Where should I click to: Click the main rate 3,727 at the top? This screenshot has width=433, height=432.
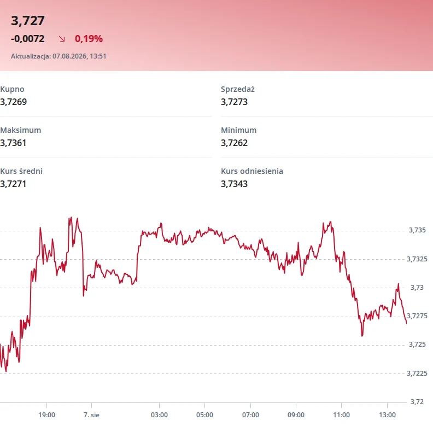click(x=28, y=21)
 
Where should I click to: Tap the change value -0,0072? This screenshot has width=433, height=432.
click(x=28, y=39)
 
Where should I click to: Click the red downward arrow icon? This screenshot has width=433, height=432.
click(x=62, y=39)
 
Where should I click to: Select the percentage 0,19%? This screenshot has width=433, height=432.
click(x=89, y=39)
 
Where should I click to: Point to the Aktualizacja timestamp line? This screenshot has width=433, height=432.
click(x=58, y=56)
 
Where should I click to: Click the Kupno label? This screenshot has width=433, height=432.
click(x=12, y=89)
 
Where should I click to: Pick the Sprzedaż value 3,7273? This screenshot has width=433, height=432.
click(x=234, y=102)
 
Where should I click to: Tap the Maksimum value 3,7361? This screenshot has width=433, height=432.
click(x=13, y=143)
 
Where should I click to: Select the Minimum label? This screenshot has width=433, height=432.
click(x=238, y=130)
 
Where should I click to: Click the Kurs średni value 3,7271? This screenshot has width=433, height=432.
click(x=13, y=184)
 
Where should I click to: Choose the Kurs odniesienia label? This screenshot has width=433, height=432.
click(x=252, y=171)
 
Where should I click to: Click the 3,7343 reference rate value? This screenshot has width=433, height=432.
click(x=234, y=184)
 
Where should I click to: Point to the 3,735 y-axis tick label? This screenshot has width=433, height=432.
click(x=417, y=230)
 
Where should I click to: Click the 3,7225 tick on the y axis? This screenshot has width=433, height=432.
click(x=417, y=373)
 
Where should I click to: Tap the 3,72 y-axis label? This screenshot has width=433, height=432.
click(x=417, y=401)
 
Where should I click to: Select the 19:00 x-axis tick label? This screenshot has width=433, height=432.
click(x=46, y=415)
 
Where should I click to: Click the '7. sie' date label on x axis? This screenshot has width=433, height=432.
click(x=91, y=415)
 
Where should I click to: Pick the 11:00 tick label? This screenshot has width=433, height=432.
click(x=341, y=415)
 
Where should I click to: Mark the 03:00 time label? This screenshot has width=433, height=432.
click(x=159, y=415)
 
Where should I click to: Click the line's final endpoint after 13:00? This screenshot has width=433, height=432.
click(x=406, y=323)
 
